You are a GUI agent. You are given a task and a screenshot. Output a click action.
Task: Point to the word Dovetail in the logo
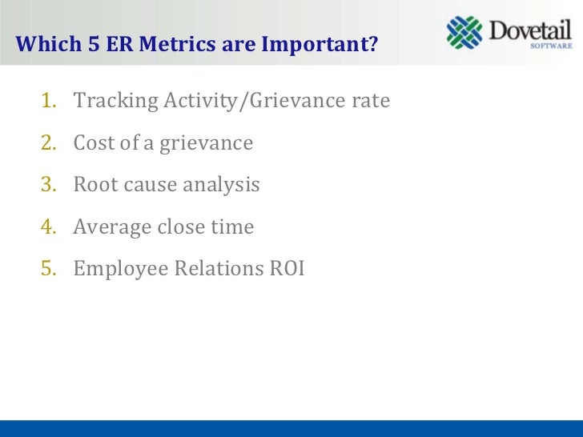pos(530,30)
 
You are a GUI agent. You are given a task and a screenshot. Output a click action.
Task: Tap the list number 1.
pos(49,102)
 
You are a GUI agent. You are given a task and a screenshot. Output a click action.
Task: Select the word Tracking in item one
pos(108,102)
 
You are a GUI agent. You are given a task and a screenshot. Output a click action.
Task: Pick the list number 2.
pos(49,143)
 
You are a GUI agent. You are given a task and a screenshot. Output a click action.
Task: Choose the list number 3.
pos(49,185)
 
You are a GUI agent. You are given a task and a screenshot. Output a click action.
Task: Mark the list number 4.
pos(49,227)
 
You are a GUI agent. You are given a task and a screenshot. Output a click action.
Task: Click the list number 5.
pos(49,269)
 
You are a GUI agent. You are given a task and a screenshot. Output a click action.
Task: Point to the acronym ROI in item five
pos(286,269)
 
